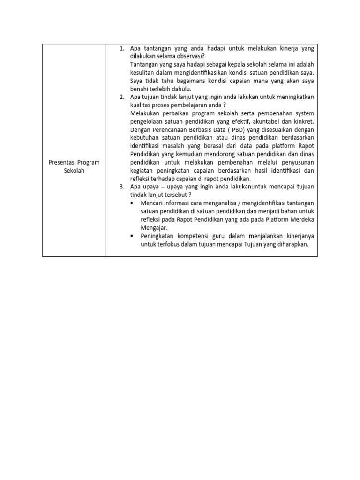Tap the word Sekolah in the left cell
(x=75, y=170)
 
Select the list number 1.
(x=121, y=48)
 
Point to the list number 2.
(x=121, y=97)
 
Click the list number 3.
(x=121, y=187)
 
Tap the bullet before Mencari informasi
(x=133, y=203)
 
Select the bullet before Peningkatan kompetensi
(x=133, y=236)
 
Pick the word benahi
(x=139, y=89)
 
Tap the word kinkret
(x=304, y=121)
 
